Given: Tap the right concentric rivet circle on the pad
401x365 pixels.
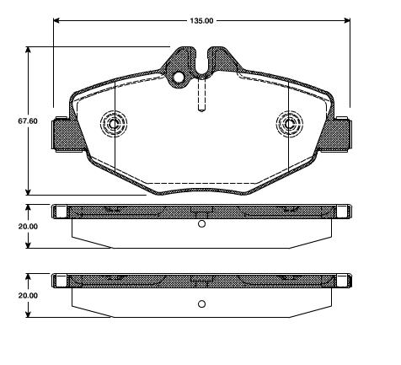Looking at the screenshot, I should click(289, 124).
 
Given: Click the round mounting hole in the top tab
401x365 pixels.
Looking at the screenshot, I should click(179, 78).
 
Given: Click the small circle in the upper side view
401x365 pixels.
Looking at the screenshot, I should click(200, 224).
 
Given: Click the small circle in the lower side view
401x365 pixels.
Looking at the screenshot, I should click(200, 304).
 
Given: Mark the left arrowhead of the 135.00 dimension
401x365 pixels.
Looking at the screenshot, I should click(56, 19).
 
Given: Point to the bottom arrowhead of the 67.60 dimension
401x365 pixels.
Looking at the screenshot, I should click(29, 192).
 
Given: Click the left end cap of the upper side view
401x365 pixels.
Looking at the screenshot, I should click(59, 211).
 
